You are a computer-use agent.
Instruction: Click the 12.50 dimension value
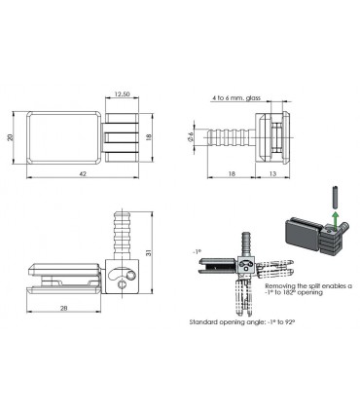coord(122,94)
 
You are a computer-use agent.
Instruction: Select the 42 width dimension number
coord(83,173)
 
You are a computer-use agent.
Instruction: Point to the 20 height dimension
coord(10,137)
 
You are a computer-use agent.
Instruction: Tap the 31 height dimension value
coord(149,252)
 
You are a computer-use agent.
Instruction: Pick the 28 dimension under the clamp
coord(64,308)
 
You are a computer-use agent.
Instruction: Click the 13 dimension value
coord(272,173)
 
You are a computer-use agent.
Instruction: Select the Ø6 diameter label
coord(191,137)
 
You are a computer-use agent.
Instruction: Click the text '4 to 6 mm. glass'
coord(236,97)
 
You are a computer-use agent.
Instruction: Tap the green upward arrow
coord(336,221)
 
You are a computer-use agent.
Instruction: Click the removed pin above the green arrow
coord(336,197)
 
